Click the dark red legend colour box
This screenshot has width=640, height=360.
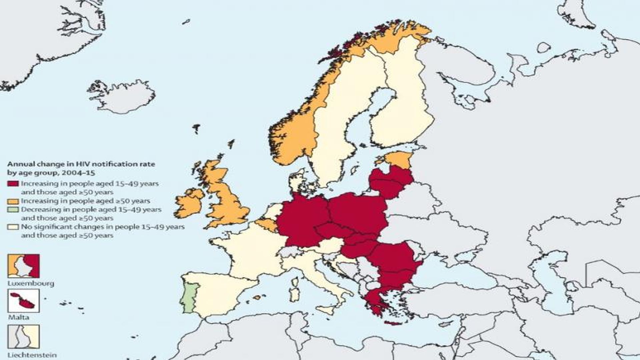click(13, 184)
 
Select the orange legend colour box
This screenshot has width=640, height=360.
click(13, 201)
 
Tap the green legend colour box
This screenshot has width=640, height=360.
click(13, 210)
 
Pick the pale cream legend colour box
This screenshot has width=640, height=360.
click(13, 227)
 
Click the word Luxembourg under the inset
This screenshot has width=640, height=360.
click(31, 284)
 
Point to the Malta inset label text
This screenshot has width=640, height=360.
click(19, 317)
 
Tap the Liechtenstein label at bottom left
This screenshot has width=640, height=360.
click(32, 355)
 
